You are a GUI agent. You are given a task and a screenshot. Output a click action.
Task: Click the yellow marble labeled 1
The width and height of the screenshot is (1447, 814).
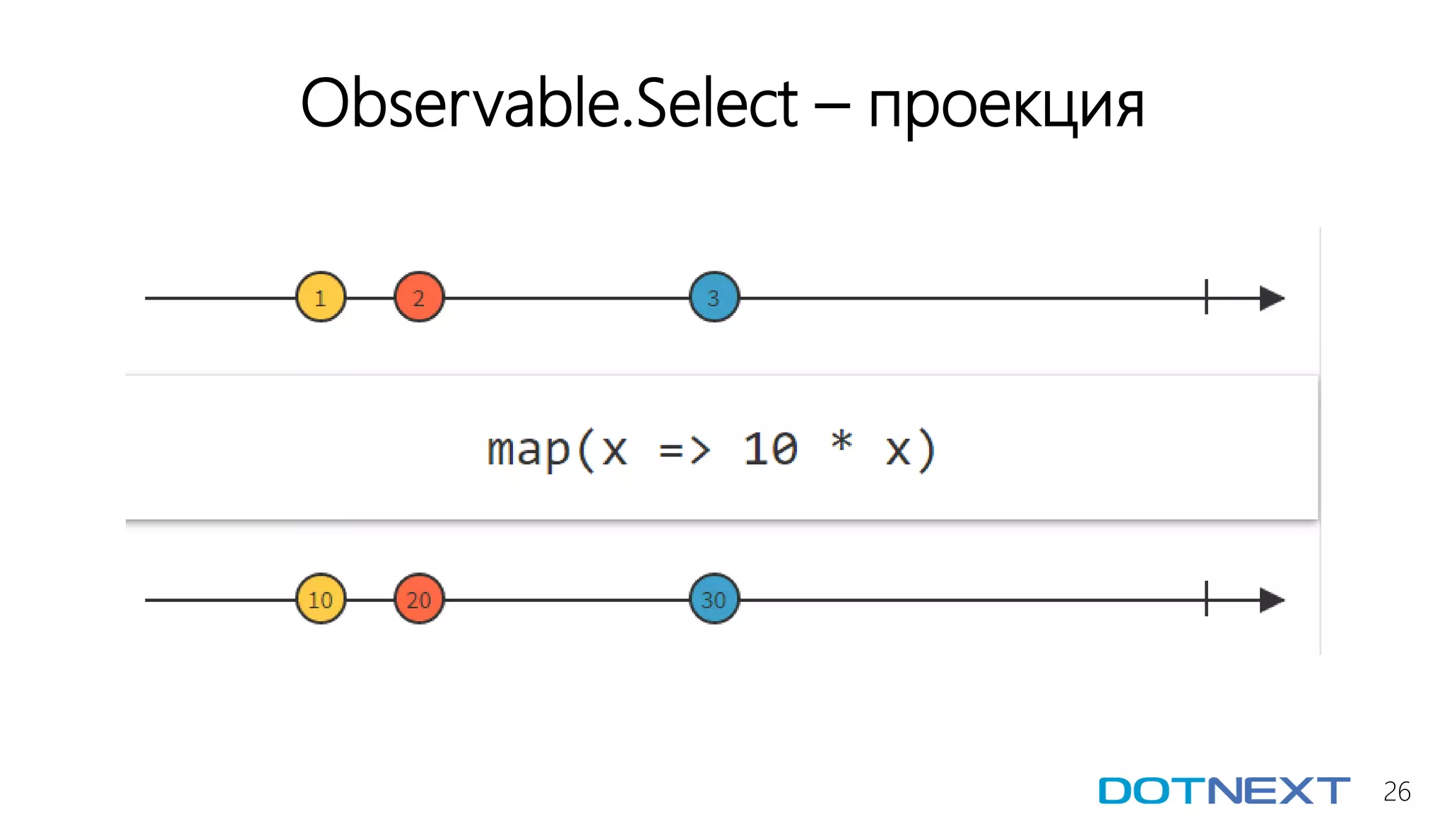[321, 297]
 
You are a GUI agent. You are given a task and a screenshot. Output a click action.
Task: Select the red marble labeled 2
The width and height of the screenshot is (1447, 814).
[419, 297]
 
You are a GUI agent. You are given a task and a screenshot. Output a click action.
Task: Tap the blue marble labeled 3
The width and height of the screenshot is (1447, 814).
[714, 297]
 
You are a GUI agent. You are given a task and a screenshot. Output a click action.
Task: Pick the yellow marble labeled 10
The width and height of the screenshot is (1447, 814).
[321, 599]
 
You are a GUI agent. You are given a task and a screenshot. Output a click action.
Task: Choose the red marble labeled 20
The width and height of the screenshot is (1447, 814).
[419, 599]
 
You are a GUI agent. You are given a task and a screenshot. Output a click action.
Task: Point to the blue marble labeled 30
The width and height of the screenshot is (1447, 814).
[714, 599]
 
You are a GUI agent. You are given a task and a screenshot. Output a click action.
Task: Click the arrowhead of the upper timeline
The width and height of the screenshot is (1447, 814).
[1272, 298]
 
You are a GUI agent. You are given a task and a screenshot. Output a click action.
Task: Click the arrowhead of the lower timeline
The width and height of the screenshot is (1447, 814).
[1272, 600]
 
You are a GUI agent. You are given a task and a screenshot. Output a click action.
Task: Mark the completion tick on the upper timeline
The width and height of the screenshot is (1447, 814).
[1206, 297]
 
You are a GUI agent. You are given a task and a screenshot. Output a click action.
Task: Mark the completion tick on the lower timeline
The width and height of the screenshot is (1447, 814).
[1206, 599]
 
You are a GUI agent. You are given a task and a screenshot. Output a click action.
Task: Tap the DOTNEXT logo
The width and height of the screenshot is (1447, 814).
[1224, 791]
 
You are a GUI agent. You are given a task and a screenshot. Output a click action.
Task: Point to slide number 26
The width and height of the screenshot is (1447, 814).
[1397, 791]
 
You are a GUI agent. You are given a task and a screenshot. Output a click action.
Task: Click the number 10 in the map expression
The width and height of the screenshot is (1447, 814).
[770, 449]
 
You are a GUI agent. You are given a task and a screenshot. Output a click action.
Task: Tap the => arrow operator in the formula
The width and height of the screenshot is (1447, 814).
[684, 450]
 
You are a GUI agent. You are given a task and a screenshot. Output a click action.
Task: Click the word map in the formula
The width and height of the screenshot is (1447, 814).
[528, 450]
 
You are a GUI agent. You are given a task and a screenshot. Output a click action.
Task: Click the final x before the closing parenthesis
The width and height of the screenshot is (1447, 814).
[897, 451]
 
